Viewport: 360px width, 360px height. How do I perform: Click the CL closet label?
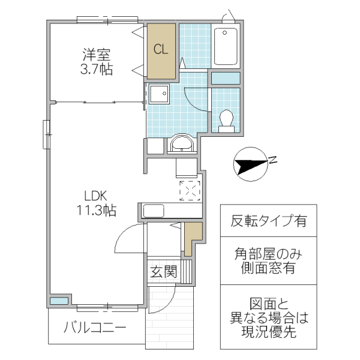tap(161, 50)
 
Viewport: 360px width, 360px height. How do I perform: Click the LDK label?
tap(95, 196)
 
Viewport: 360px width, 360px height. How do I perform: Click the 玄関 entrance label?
tap(163, 272)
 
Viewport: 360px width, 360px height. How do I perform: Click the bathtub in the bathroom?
tap(226, 46)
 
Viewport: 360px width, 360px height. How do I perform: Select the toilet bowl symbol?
tap(226, 119)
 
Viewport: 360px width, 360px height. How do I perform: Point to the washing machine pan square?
tap(160, 95)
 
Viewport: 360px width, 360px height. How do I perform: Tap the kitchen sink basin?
tap(154, 211)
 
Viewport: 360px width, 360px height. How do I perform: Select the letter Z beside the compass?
tap(272, 160)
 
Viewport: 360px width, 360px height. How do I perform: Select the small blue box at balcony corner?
tap(58, 301)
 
